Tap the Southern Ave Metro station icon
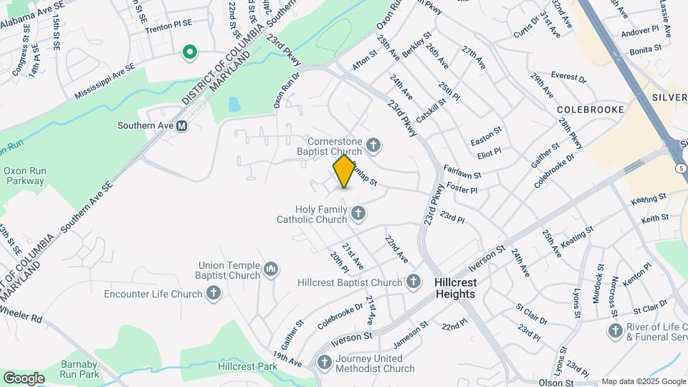[181, 125]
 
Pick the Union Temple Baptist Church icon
[271, 269]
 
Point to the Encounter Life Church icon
[213, 293]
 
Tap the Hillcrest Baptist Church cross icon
[414, 282]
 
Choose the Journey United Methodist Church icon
[324, 363]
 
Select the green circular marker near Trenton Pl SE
[190, 52]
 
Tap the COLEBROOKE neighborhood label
[591, 109]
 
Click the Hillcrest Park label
[247, 366]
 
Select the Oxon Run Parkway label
[25, 176]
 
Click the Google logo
[24, 378]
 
